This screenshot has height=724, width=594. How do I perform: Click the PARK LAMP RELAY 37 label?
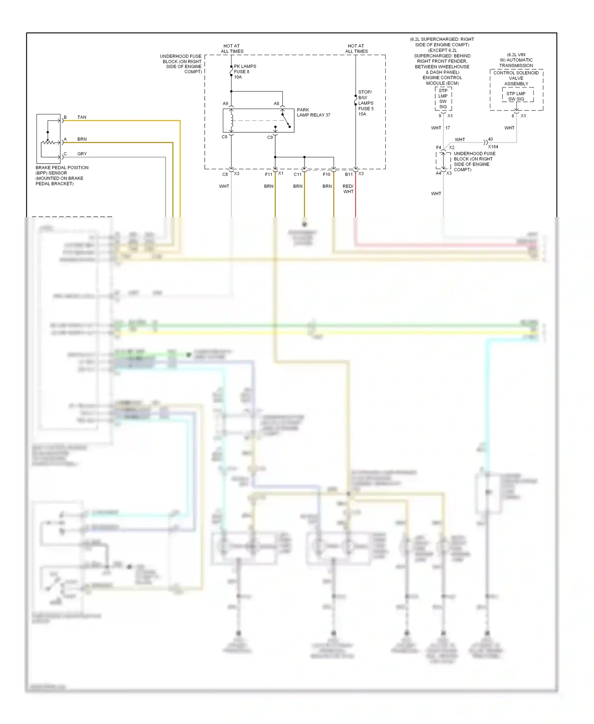point(313,112)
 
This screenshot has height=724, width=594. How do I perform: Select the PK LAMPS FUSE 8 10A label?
point(244,72)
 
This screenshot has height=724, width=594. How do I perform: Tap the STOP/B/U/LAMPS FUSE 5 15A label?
point(366,103)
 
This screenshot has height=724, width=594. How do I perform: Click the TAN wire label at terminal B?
point(82,117)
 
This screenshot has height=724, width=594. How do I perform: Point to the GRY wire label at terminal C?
point(82,154)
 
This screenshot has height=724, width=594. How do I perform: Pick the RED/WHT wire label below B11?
point(348,189)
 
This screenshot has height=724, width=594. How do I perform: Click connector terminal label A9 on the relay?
point(225,104)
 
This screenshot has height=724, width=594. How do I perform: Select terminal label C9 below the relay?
point(270,137)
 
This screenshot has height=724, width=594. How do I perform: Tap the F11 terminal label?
point(268,174)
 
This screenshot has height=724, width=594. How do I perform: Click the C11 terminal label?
point(297,174)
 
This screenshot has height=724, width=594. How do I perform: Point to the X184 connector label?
point(493,147)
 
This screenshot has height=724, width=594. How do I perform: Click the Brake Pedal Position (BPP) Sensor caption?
point(62,175)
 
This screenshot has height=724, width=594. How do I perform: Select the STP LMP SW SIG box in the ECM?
point(443,99)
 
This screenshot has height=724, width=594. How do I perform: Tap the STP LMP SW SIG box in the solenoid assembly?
point(516,96)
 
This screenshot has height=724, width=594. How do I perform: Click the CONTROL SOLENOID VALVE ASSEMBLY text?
point(516,78)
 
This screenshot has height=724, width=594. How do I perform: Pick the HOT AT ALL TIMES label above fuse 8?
point(232,48)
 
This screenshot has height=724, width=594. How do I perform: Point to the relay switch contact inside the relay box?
point(286,120)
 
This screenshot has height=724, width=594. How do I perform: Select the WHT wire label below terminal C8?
point(224,186)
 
